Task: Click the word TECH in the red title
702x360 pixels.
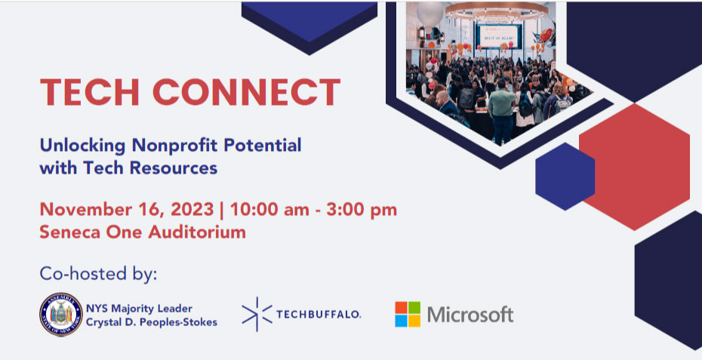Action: tap(90, 92)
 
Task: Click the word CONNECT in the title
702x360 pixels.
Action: tap(247, 92)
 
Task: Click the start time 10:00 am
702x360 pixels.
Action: tap(269, 210)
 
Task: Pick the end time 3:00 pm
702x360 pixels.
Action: tap(362, 210)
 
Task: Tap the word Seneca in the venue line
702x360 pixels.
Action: tap(69, 232)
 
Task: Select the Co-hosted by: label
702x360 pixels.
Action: tap(98, 273)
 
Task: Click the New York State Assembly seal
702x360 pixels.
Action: tap(61, 314)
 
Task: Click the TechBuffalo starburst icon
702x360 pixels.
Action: tap(257, 314)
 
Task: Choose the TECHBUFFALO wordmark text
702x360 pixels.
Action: tap(319, 314)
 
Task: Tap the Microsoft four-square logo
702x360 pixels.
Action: tap(408, 314)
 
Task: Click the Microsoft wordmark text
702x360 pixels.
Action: tap(470, 314)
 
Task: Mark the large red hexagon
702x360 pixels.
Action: tap(634, 167)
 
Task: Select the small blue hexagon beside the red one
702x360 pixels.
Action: tap(565, 177)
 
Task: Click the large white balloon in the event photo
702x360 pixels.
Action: tap(430, 14)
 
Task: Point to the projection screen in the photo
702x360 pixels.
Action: tap(498, 35)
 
